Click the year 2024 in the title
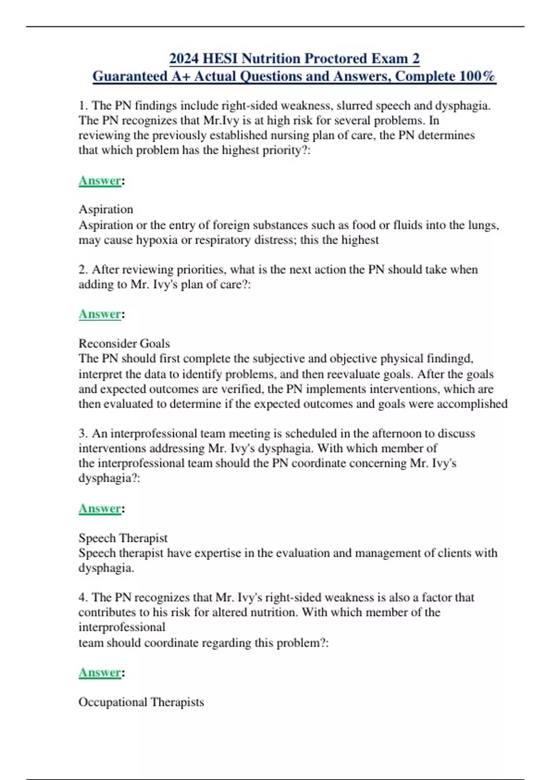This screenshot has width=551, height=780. coord(184,59)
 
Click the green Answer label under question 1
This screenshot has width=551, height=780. coord(100,181)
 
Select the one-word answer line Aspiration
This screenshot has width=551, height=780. coord(106,209)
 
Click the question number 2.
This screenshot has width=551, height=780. coord(83,269)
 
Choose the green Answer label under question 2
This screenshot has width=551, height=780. coord(100,314)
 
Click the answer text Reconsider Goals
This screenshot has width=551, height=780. coord(124,344)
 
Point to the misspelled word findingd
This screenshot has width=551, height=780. coord(450,358)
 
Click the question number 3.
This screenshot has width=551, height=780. coord(83,434)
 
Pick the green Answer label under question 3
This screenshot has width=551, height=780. coord(100,509)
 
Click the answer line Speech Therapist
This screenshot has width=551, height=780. coord(123,538)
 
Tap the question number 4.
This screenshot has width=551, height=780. coord(83,597)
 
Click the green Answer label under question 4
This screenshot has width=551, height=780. coord(100,673)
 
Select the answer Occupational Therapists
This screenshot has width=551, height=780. coord(141,702)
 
